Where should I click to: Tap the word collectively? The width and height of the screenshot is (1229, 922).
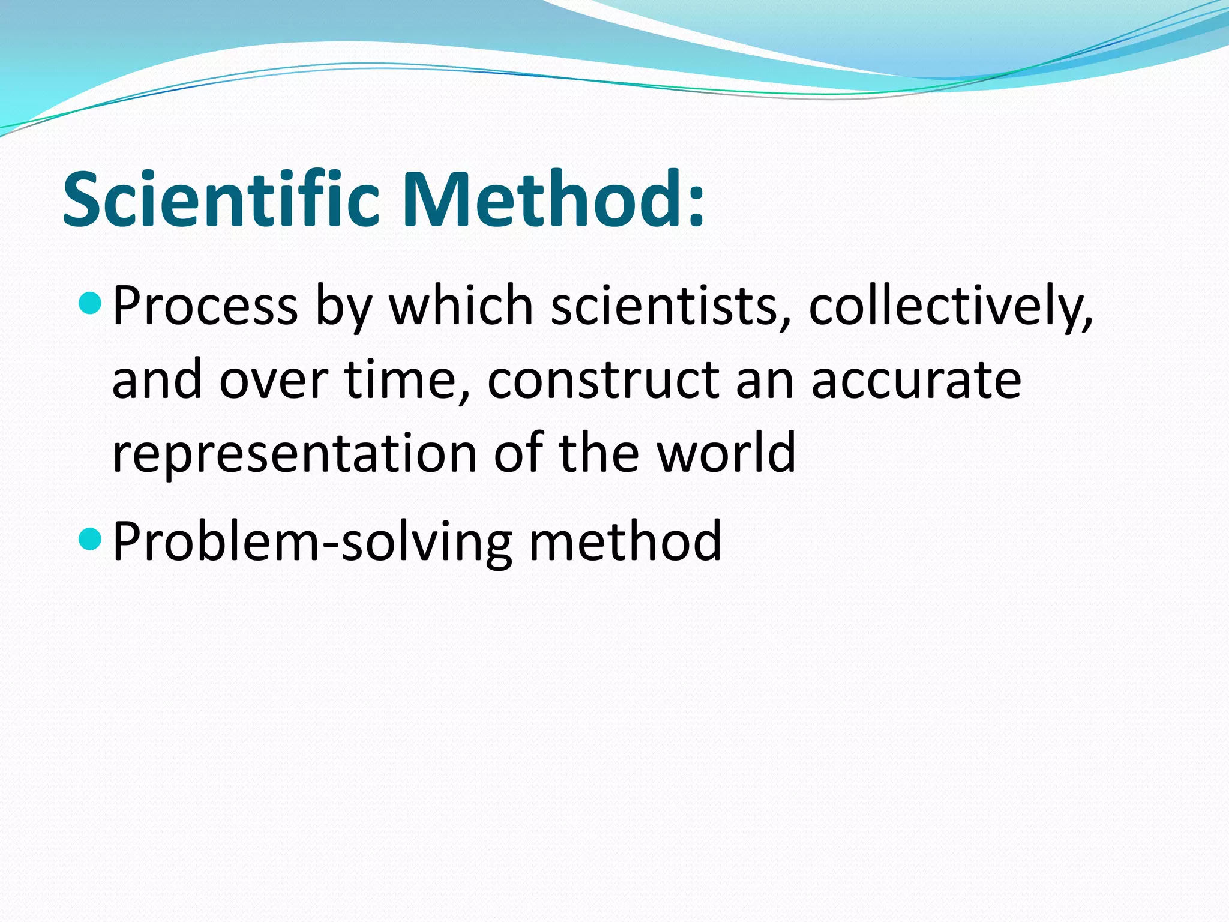click(949, 306)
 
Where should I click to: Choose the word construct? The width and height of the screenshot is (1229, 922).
click(602, 380)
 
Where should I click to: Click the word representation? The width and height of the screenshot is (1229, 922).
click(294, 454)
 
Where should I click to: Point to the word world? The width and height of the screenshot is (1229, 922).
click(726, 453)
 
